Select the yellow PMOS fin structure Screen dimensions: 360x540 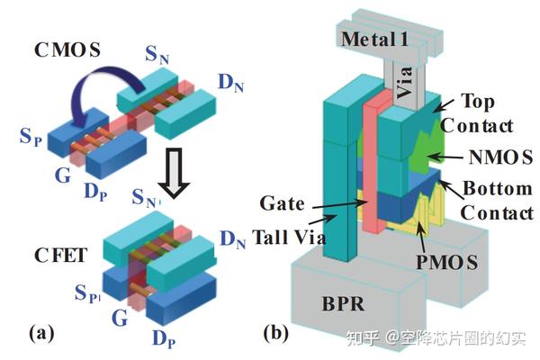coord(432,220)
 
